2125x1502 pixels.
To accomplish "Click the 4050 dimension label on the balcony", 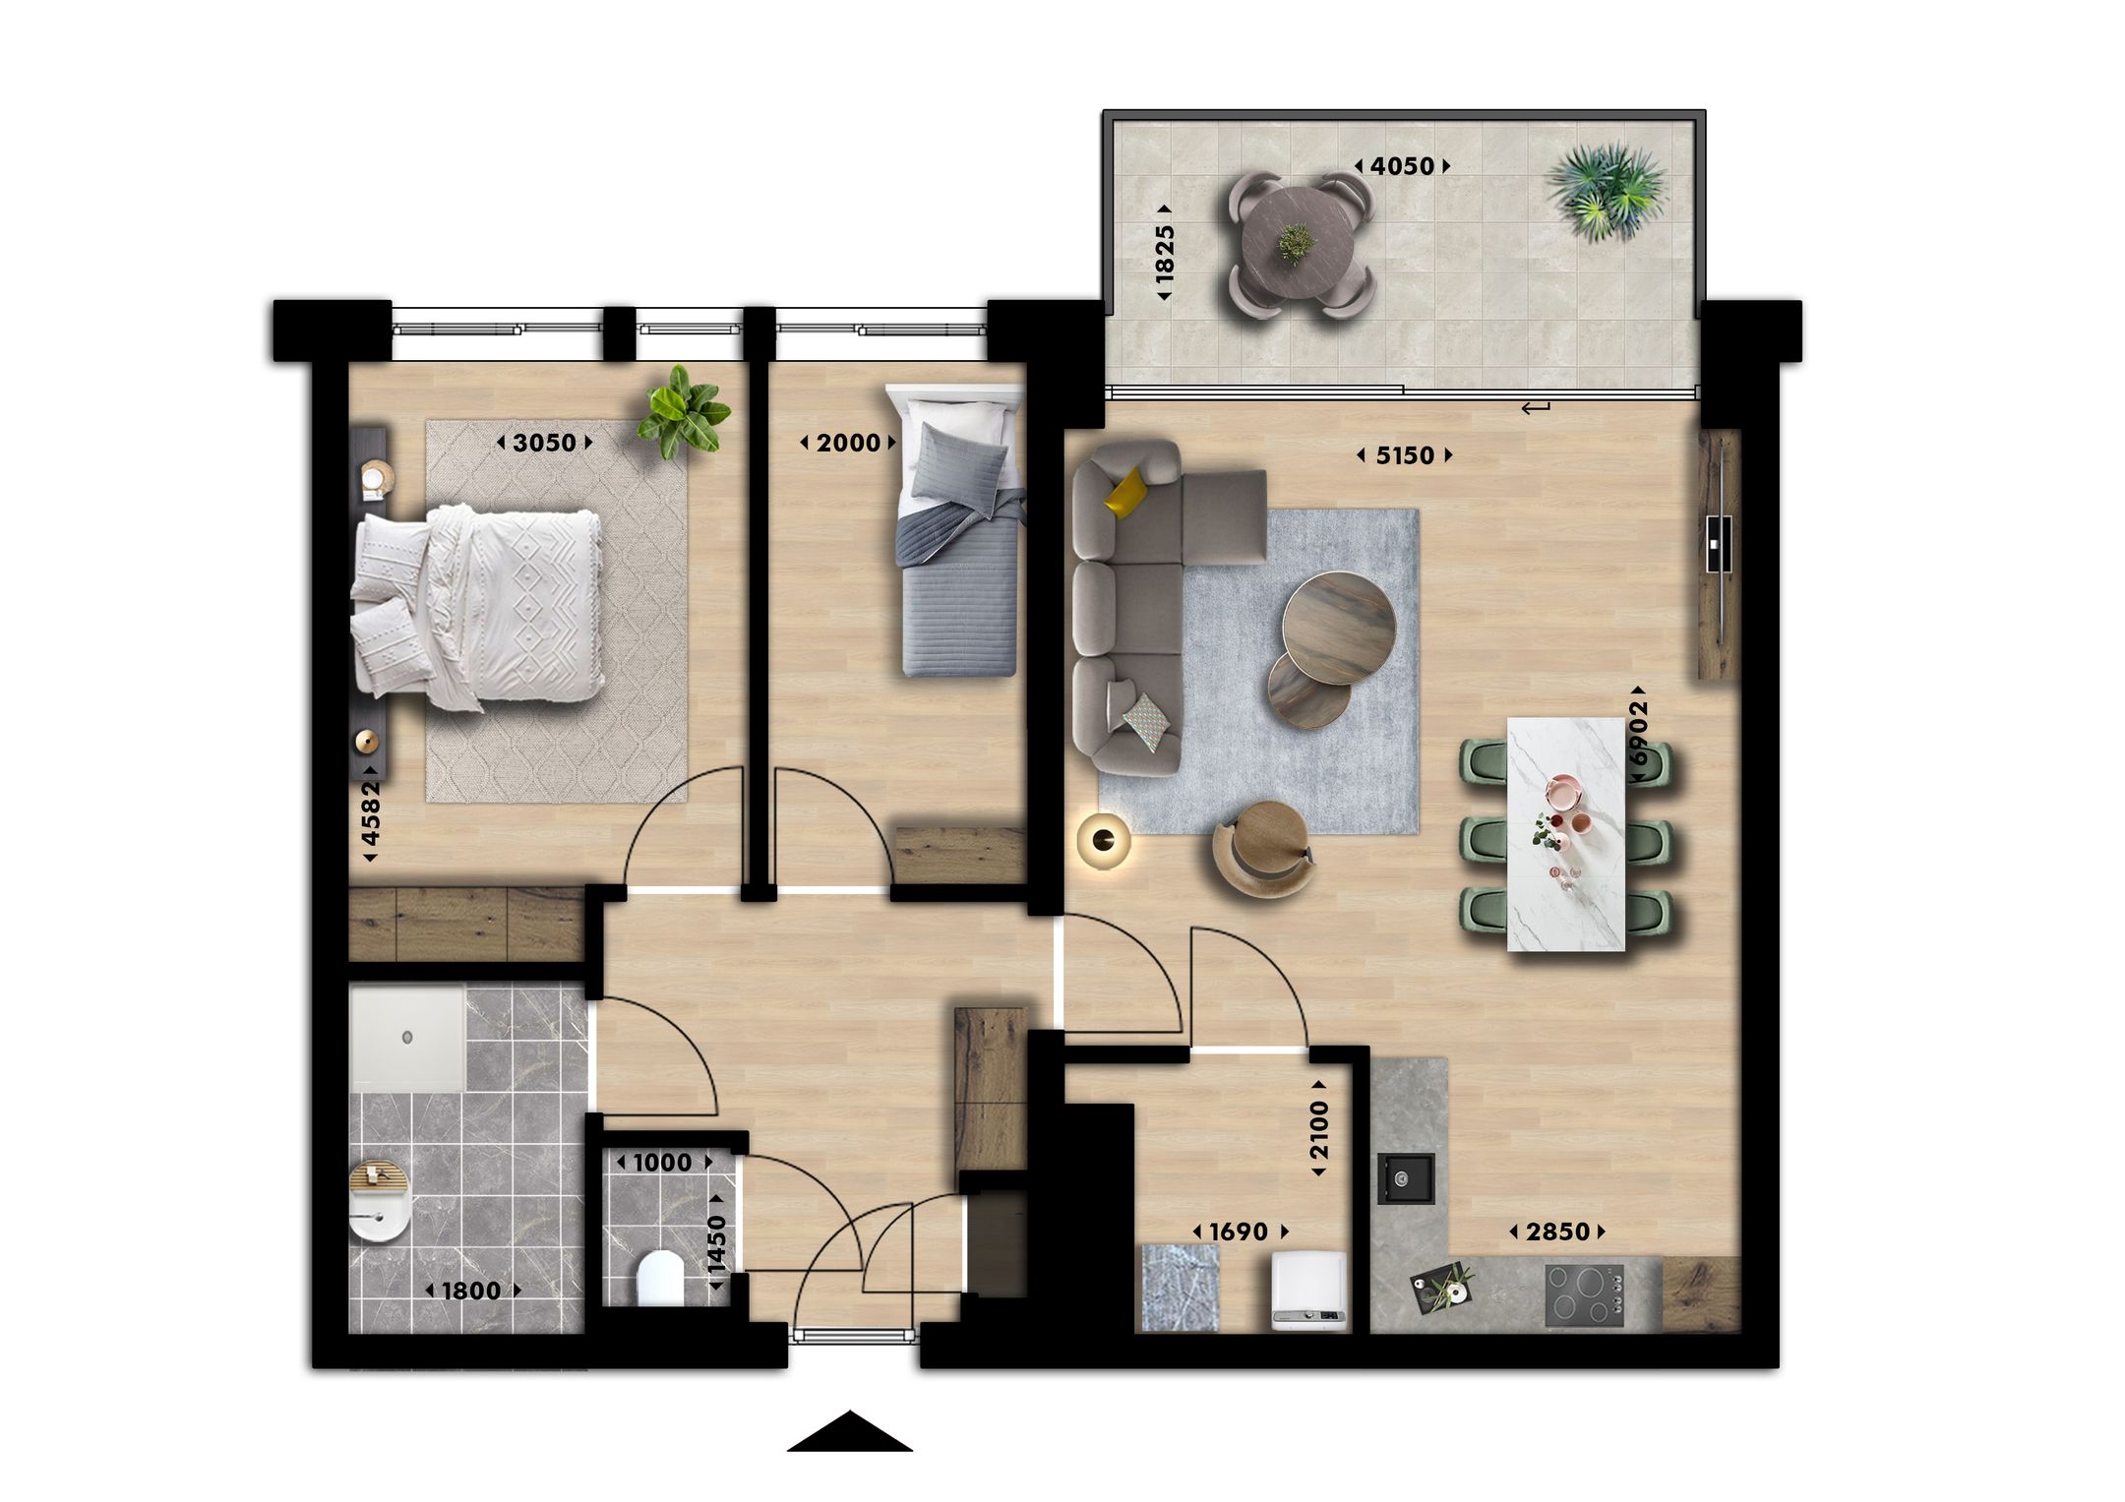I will (x=1402, y=166).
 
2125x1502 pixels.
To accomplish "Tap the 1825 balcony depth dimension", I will (x=1165, y=253).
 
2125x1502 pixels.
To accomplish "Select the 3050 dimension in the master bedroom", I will (x=544, y=443).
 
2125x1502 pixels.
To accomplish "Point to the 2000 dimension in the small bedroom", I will (x=848, y=443).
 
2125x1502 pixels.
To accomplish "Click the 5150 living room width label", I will (x=1404, y=455).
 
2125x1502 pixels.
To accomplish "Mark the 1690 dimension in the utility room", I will (x=1238, y=1232).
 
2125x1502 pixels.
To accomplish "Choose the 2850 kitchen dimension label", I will (x=1557, y=1232).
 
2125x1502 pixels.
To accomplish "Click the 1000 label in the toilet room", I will (x=662, y=1163).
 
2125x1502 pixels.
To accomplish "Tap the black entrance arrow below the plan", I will (x=849, y=1433).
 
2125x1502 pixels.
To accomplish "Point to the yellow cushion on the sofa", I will (x=1125, y=491).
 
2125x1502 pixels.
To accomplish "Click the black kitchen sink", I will (x=1406, y=1177).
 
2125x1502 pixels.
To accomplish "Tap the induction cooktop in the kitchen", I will (x=1584, y=1295).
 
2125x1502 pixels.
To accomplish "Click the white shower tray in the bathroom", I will (x=407, y=1038).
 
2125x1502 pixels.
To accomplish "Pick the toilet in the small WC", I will (x=659, y=1279).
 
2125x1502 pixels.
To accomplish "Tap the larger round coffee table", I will (x=1338, y=627).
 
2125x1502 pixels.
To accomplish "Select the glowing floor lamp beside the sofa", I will (x=1104, y=839).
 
